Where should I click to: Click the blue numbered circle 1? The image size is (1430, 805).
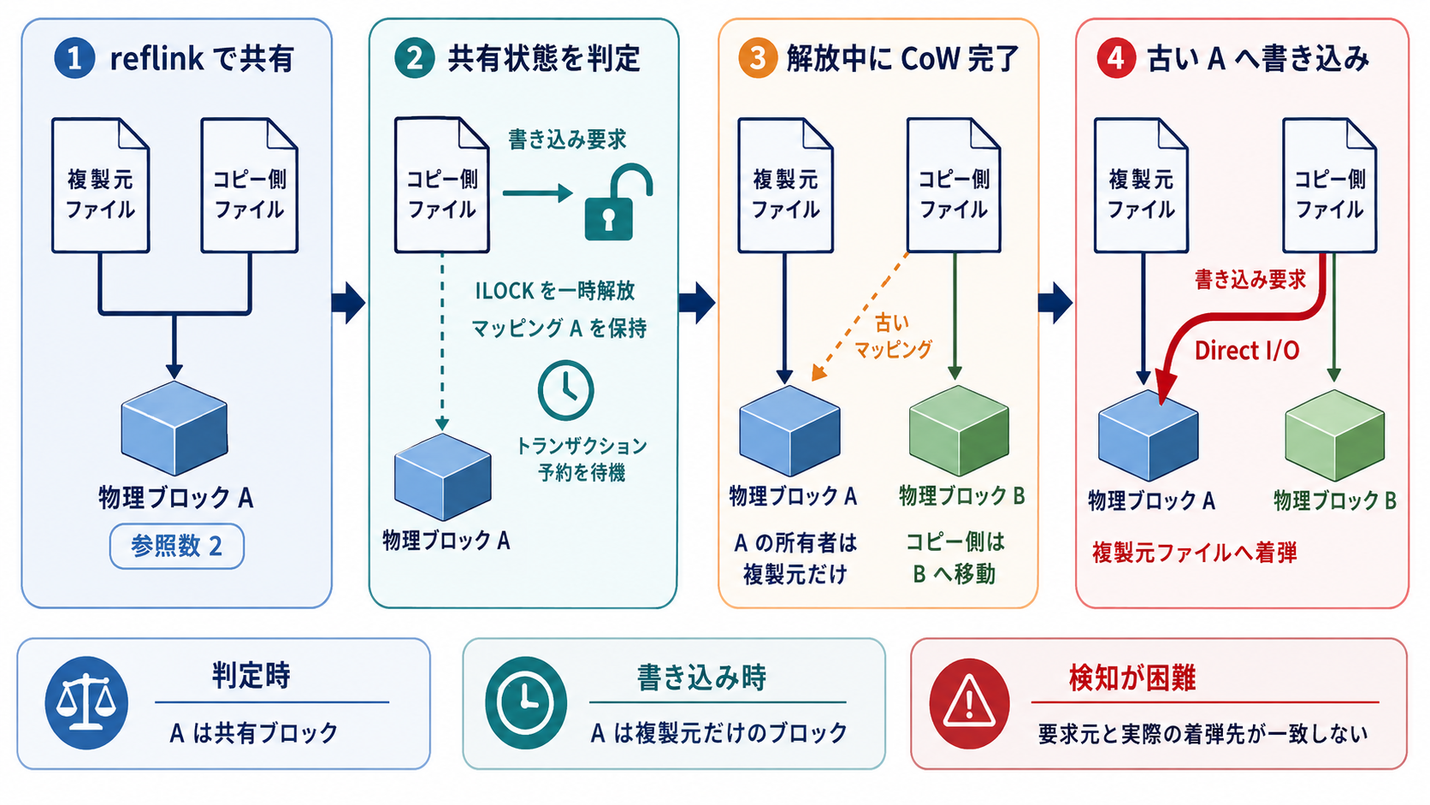click(74, 58)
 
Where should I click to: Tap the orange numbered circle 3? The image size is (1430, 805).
click(757, 58)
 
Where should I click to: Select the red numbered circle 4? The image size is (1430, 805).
click(1116, 58)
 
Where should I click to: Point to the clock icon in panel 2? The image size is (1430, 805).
click(565, 390)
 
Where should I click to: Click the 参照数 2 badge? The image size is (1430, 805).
click(177, 546)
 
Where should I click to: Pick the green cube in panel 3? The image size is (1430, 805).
click(959, 431)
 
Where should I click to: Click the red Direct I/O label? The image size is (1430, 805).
click(1247, 351)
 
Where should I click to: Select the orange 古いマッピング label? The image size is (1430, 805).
click(893, 336)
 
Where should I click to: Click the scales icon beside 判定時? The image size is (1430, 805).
click(86, 703)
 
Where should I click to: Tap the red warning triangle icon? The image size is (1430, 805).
click(969, 703)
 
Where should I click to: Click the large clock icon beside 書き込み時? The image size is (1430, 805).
click(525, 703)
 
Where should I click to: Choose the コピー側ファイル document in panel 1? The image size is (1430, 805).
click(250, 185)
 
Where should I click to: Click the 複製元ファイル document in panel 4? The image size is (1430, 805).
click(1141, 185)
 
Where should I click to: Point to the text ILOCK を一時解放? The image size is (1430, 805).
click(555, 291)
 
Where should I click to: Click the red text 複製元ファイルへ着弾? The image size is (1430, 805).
click(1195, 553)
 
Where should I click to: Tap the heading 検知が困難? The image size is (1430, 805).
click(1132, 678)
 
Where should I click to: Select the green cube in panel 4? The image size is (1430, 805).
click(1334, 435)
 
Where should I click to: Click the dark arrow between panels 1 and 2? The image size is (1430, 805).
click(349, 302)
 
